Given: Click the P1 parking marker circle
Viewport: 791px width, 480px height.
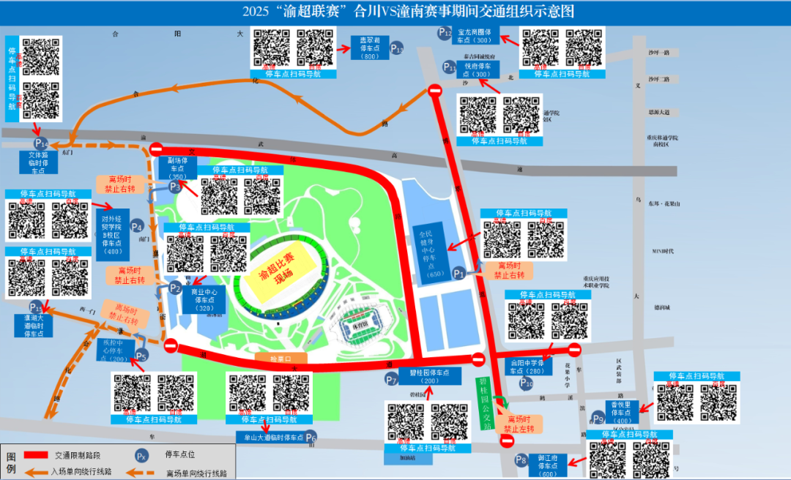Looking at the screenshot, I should pyautogui.click(x=459, y=273).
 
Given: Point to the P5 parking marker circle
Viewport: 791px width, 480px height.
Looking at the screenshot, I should pyautogui.click(x=141, y=356).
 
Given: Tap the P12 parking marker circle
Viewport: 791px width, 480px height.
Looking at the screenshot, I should pyautogui.click(x=445, y=32).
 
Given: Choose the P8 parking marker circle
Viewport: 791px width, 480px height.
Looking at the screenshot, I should pyautogui.click(x=521, y=461).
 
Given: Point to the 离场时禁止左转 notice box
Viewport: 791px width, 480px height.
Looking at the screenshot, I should pyautogui.click(x=517, y=424).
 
